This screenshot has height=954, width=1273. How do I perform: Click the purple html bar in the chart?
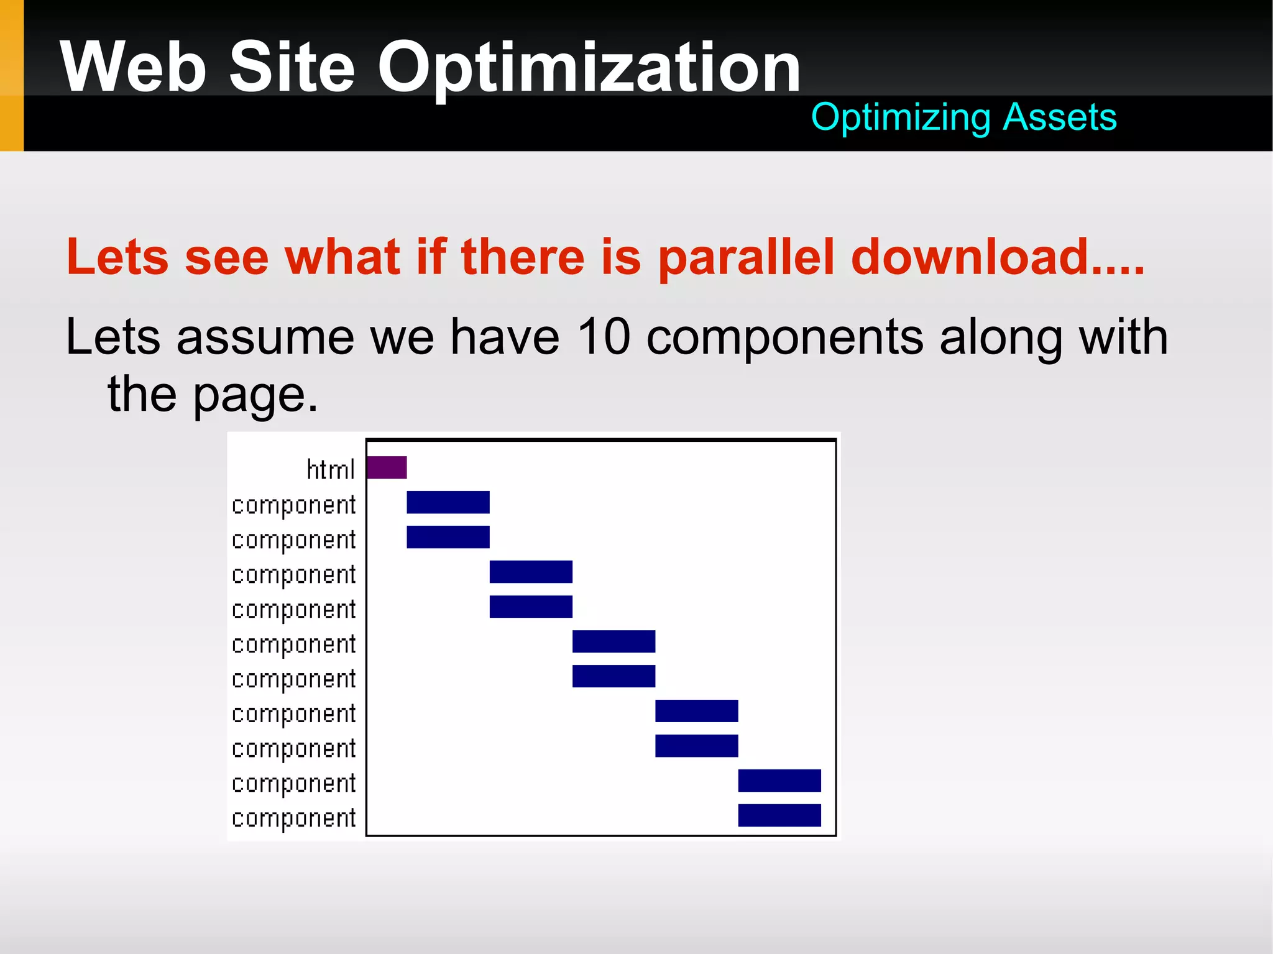pos(387,467)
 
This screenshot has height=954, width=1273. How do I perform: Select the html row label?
pos(330,470)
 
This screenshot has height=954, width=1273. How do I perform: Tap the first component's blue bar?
pos(448,502)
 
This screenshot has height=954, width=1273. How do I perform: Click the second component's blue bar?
pos(448,537)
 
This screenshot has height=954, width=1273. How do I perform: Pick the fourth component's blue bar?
pos(530,607)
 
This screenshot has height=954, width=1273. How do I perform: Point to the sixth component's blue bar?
pos(614,676)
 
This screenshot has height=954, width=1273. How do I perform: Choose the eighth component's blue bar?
pos(696,746)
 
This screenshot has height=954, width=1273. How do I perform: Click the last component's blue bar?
pos(779,815)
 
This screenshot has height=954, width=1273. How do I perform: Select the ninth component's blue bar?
pos(779,781)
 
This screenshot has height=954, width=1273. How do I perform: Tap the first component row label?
pos(293,505)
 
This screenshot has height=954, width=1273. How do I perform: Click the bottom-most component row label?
pos(293,819)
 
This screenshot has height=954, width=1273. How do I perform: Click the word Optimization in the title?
pos(589,67)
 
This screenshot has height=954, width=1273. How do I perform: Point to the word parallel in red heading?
pos(746,257)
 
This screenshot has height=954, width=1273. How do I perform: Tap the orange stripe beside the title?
pos(11,75)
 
